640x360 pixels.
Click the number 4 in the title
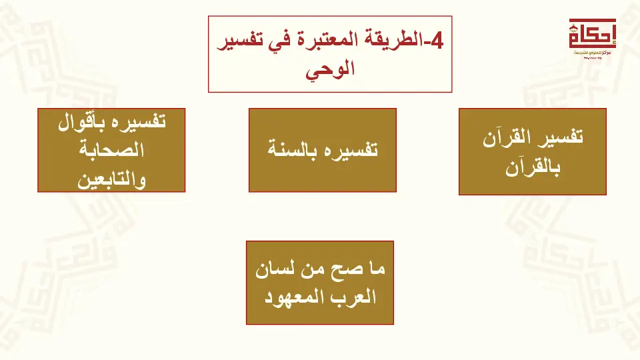[437, 41]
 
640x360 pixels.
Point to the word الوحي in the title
[330, 70]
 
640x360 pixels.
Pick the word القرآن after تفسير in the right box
[507, 137]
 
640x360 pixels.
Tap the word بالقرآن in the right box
[533, 167]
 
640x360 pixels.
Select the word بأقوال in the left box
[81, 121]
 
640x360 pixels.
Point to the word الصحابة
[111, 150]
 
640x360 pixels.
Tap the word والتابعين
[111, 179]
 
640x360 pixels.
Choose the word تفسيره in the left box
[139, 121]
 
